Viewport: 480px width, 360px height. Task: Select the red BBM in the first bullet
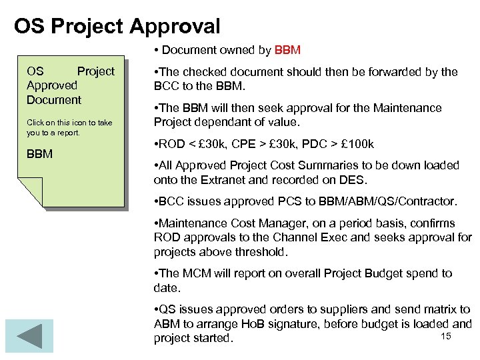(x=288, y=49)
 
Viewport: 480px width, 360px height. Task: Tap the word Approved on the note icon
(x=52, y=85)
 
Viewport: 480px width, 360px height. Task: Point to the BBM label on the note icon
(x=39, y=155)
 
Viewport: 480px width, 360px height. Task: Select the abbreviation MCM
(x=196, y=273)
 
